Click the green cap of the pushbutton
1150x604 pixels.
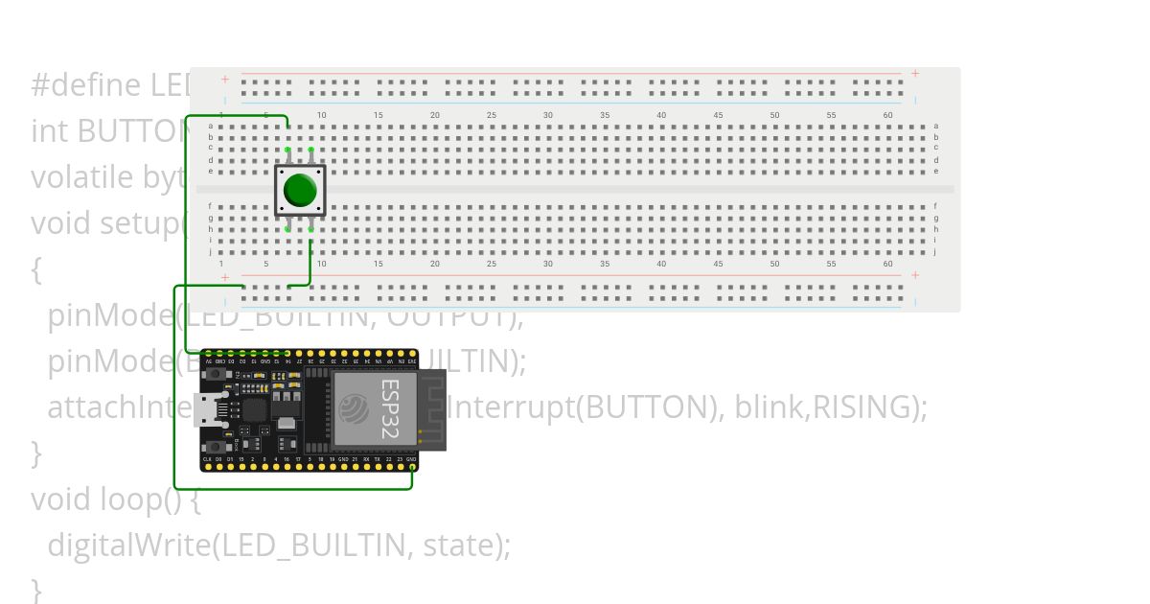(x=300, y=190)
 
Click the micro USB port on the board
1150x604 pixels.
(x=205, y=410)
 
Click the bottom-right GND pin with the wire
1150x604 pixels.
(x=412, y=467)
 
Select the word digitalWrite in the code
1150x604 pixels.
(x=128, y=545)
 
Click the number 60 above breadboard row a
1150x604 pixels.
(x=887, y=115)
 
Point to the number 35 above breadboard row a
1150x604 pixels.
(x=605, y=115)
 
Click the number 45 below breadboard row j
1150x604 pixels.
(x=718, y=264)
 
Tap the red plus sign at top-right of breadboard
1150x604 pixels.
(x=915, y=74)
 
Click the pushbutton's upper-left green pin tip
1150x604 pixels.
(x=287, y=150)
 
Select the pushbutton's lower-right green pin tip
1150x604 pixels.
(x=311, y=229)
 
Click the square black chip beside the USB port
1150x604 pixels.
(x=254, y=410)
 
